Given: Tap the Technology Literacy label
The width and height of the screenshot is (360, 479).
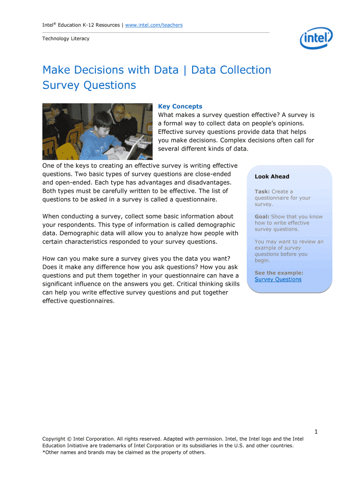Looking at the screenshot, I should pyautogui.click(x=65, y=38).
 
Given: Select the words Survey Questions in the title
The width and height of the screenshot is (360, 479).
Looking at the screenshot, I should pyautogui.click(x=89, y=85).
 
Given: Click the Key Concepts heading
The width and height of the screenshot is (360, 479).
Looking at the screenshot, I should pyautogui.click(x=180, y=107).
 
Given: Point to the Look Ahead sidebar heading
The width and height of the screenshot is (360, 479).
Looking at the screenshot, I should pyautogui.click(x=272, y=177).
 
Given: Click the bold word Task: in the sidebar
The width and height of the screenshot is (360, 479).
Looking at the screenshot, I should pyautogui.click(x=262, y=192).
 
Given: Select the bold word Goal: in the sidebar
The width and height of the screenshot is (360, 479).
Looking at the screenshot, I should pyautogui.click(x=262, y=217).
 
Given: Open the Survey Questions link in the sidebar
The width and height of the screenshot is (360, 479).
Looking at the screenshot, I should pyautogui.click(x=278, y=279).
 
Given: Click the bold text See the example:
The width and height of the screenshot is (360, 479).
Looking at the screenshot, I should pyautogui.click(x=279, y=273).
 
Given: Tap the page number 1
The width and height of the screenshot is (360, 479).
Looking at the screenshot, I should pyautogui.click(x=316, y=432).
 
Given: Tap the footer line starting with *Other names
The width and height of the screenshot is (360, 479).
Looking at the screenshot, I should pyautogui.click(x=124, y=452).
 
